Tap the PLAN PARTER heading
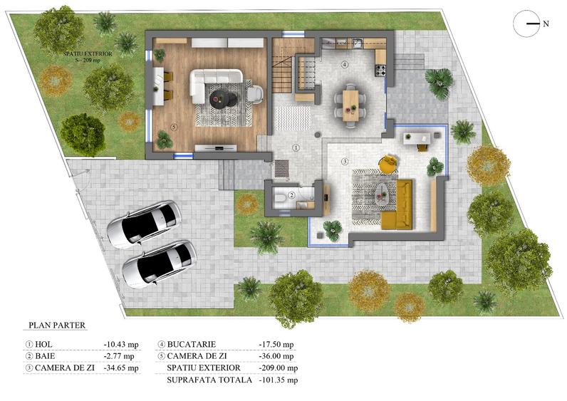[x=57, y=326]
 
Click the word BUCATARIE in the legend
[x=197, y=343]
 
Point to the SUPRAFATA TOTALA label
[x=209, y=380]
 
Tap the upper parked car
[x=143, y=224]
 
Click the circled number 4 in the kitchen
[x=345, y=64]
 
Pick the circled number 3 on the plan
[x=345, y=162]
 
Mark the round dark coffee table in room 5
[x=230, y=99]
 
